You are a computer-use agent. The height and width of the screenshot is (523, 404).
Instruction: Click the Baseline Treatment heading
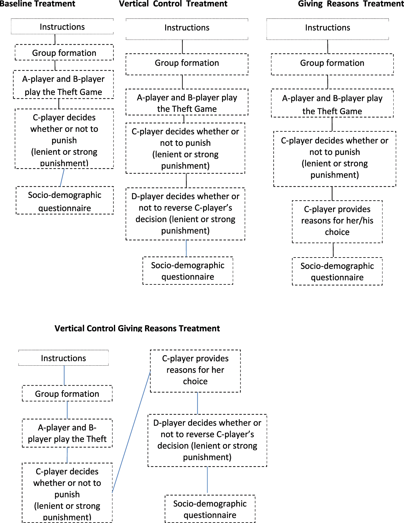coord(37,4)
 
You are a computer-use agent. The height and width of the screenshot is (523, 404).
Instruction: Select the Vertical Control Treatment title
coord(173,4)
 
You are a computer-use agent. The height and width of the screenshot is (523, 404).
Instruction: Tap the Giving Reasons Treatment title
coord(351,4)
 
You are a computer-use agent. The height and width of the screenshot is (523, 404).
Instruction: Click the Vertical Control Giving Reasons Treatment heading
coord(137,328)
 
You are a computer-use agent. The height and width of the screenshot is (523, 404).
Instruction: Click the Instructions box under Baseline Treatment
coord(62,27)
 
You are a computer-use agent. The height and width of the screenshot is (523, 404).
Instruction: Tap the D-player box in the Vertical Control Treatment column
coord(185,214)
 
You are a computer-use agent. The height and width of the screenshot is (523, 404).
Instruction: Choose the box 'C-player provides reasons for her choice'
coord(195,371)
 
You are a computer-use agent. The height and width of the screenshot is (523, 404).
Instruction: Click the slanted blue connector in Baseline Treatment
coord(62,177)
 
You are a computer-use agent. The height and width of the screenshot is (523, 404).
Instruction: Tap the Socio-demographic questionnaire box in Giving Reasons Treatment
coord(337,271)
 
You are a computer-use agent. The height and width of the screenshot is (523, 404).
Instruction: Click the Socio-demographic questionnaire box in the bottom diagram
coord(210,509)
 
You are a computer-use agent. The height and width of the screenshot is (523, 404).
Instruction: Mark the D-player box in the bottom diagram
coord(207,440)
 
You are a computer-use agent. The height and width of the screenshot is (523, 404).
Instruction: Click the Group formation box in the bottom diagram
coord(67,393)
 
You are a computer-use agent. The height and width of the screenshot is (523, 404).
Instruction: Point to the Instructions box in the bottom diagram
coord(64,358)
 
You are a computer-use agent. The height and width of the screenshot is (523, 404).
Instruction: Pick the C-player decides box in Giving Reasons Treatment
coord(335,159)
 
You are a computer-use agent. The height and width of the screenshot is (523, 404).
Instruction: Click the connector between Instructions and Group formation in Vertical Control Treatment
coord(182,47)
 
